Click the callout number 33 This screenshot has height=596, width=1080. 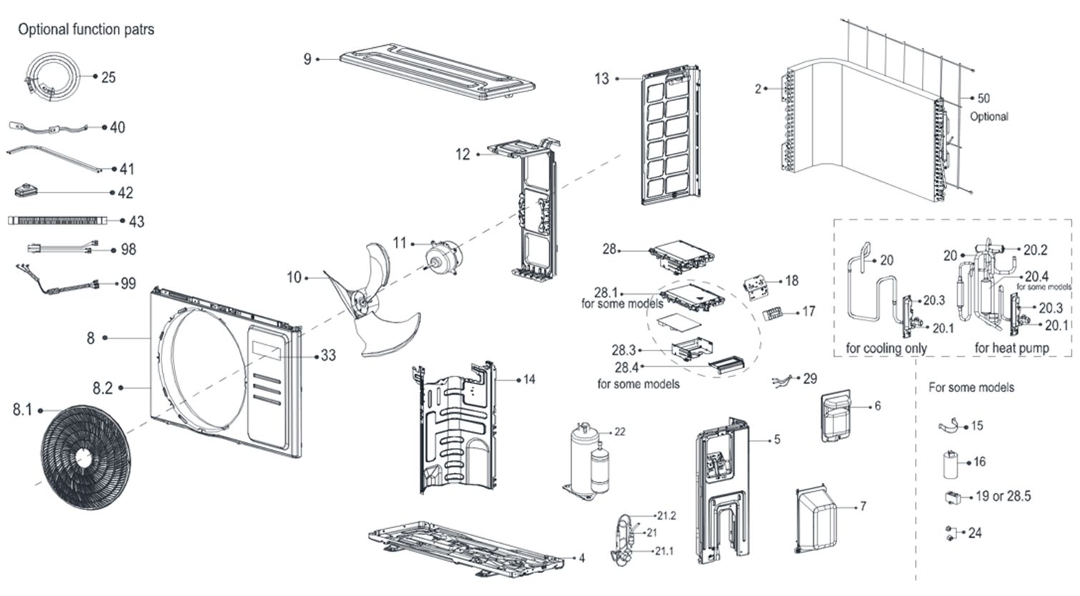pos(327,355)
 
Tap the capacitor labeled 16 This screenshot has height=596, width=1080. pos(951,464)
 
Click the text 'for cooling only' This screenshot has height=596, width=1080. pos(886,348)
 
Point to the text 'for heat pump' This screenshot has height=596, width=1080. pos(1011,348)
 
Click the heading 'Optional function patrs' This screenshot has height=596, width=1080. pos(86,29)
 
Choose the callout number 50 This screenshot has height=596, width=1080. pos(984,98)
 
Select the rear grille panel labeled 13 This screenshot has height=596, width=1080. pos(670,136)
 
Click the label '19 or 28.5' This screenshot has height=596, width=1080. pos(1003,496)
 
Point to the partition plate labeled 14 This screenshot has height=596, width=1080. pos(454,429)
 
